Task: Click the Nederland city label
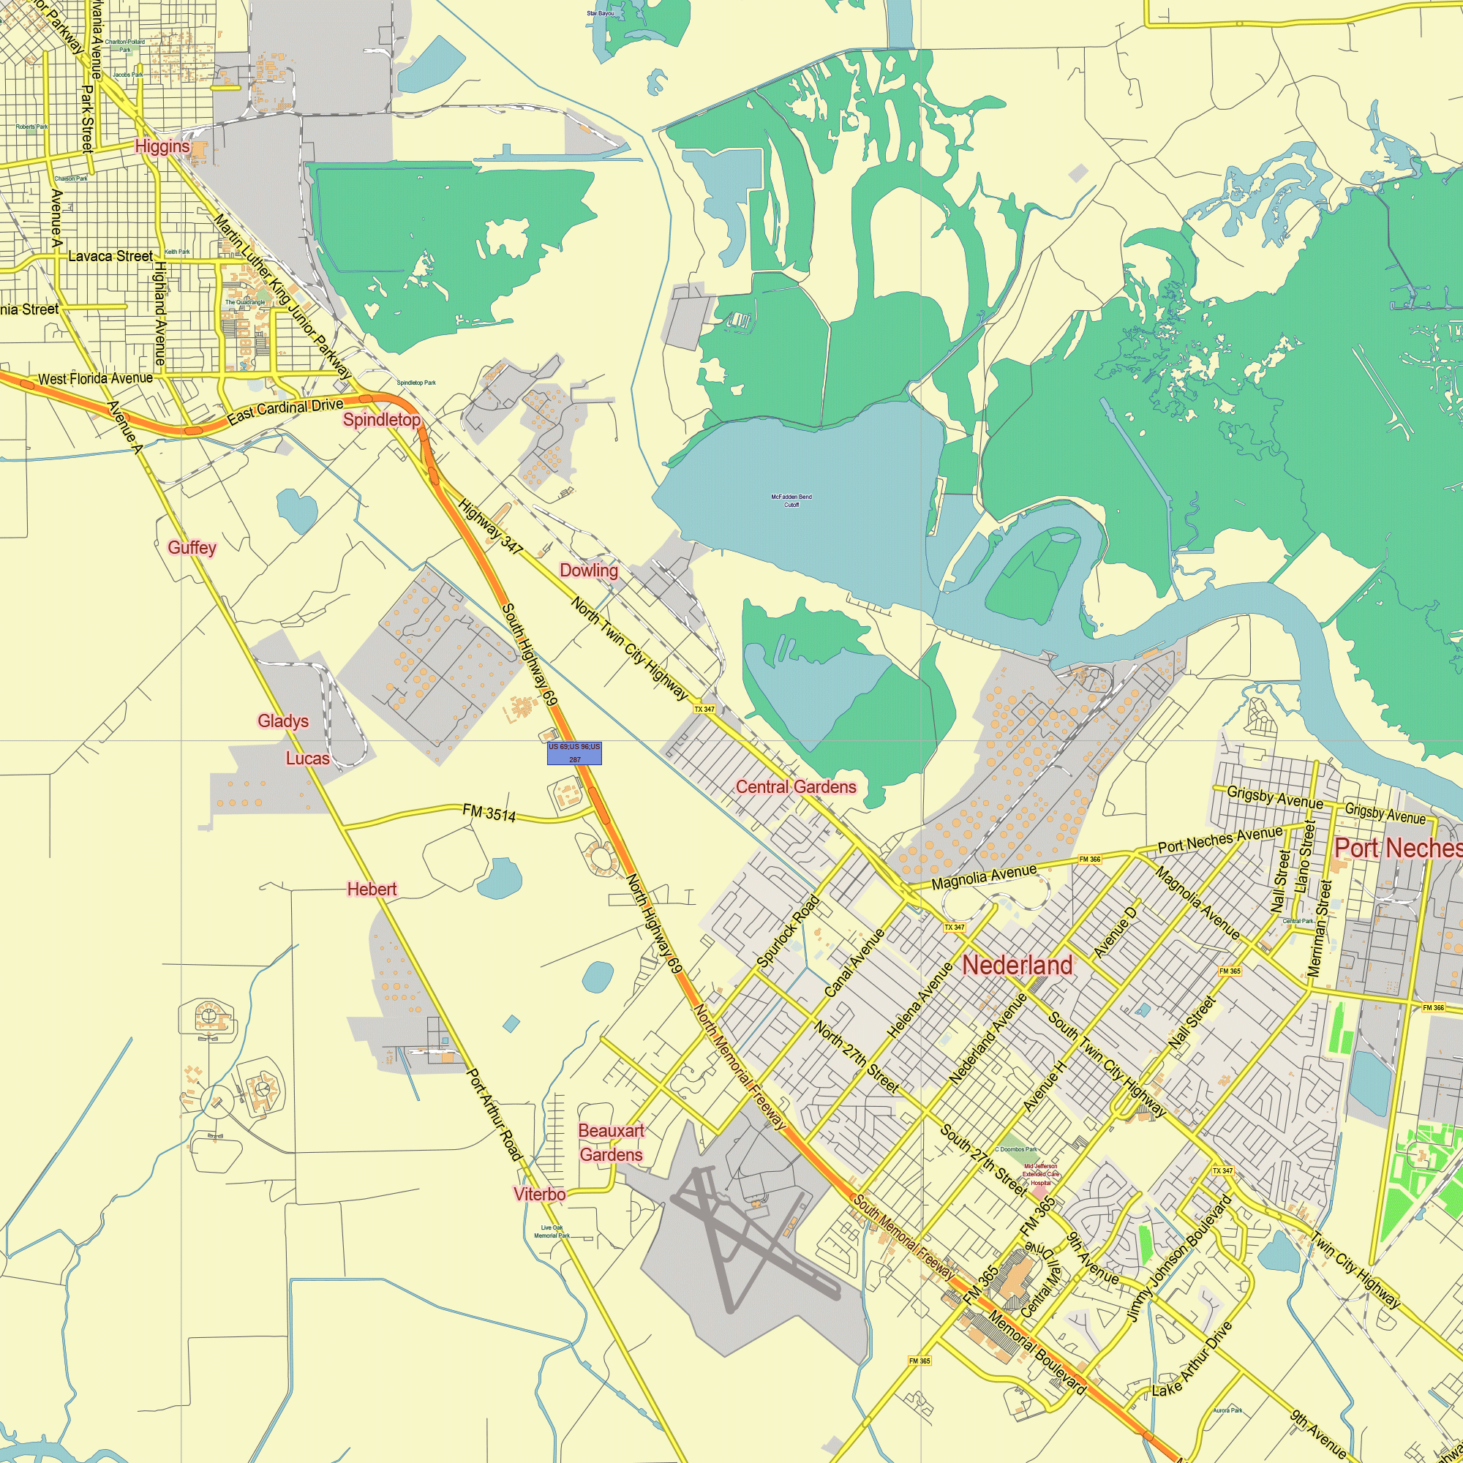[1017, 965]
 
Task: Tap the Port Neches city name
[1398, 848]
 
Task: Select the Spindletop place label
[382, 419]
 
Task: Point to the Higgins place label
[162, 146]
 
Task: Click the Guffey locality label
[192, 547]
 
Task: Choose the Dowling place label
[588, 571]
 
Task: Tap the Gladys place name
[283, 721]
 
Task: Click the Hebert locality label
[372, 889]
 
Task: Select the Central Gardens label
[796, 787]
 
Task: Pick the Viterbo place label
[539, 1195]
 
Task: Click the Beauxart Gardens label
[611, 1143]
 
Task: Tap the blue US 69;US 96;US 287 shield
[574, 753]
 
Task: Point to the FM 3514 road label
[489, 813]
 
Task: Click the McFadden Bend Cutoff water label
[791, 500]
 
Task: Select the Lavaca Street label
[110, 256]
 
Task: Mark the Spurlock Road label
[789, 931]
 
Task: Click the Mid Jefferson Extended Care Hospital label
[1039, 1175]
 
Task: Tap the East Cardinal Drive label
[285, 411]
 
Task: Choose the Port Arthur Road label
[494, 1115]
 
